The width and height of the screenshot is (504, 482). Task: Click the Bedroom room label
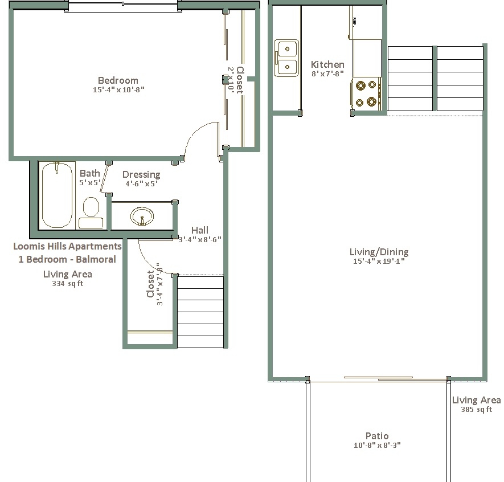click(118, 80)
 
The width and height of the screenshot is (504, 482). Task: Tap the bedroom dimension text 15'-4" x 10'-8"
click(118, 89)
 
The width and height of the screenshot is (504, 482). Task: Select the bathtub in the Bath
click(57, 195)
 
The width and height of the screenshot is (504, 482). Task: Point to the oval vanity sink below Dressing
click(142, 216)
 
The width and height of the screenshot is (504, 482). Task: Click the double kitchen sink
click(286, 58)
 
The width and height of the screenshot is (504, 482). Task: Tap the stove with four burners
click(366, 93)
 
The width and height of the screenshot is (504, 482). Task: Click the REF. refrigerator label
click(354, 22)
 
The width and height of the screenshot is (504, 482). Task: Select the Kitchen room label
click(327, 64)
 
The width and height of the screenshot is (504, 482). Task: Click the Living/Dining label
click(379, 252)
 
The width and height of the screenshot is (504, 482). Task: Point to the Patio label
click(377, 436)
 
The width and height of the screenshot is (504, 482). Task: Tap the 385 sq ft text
click(476, 410)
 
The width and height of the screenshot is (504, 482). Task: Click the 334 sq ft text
click(68, 284)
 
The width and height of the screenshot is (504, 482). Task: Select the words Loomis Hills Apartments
click(68, 246)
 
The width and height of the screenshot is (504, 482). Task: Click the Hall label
click(200, 230)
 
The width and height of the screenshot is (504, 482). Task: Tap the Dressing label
click(141, 174)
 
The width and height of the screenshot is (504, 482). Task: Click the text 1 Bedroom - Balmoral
click(67, 259)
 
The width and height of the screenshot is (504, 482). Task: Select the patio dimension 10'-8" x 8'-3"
click(377, 446)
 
